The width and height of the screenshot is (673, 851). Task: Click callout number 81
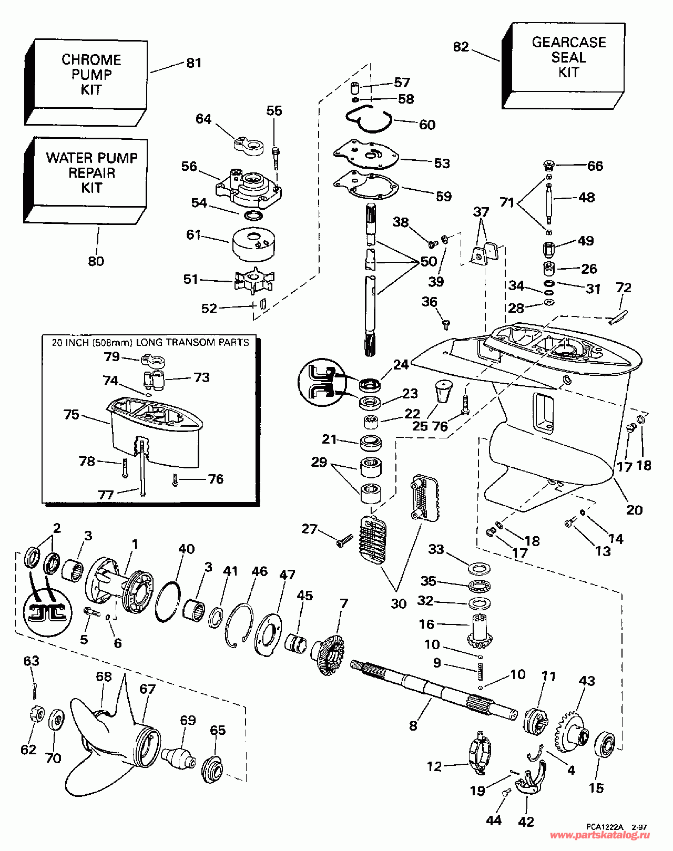tap(194, 63)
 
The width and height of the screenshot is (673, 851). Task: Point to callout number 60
tap(427, 125)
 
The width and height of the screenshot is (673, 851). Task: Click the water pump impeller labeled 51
tap(254, 281)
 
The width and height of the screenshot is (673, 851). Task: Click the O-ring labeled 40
tap(168, 602)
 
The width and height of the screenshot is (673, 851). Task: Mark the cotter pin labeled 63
tap(34, 686)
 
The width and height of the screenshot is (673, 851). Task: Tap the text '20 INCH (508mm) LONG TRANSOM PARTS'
tap(150, 342)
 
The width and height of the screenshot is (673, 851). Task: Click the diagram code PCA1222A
tap(605, 827)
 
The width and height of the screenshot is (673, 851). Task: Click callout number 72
tap(624, 288)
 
